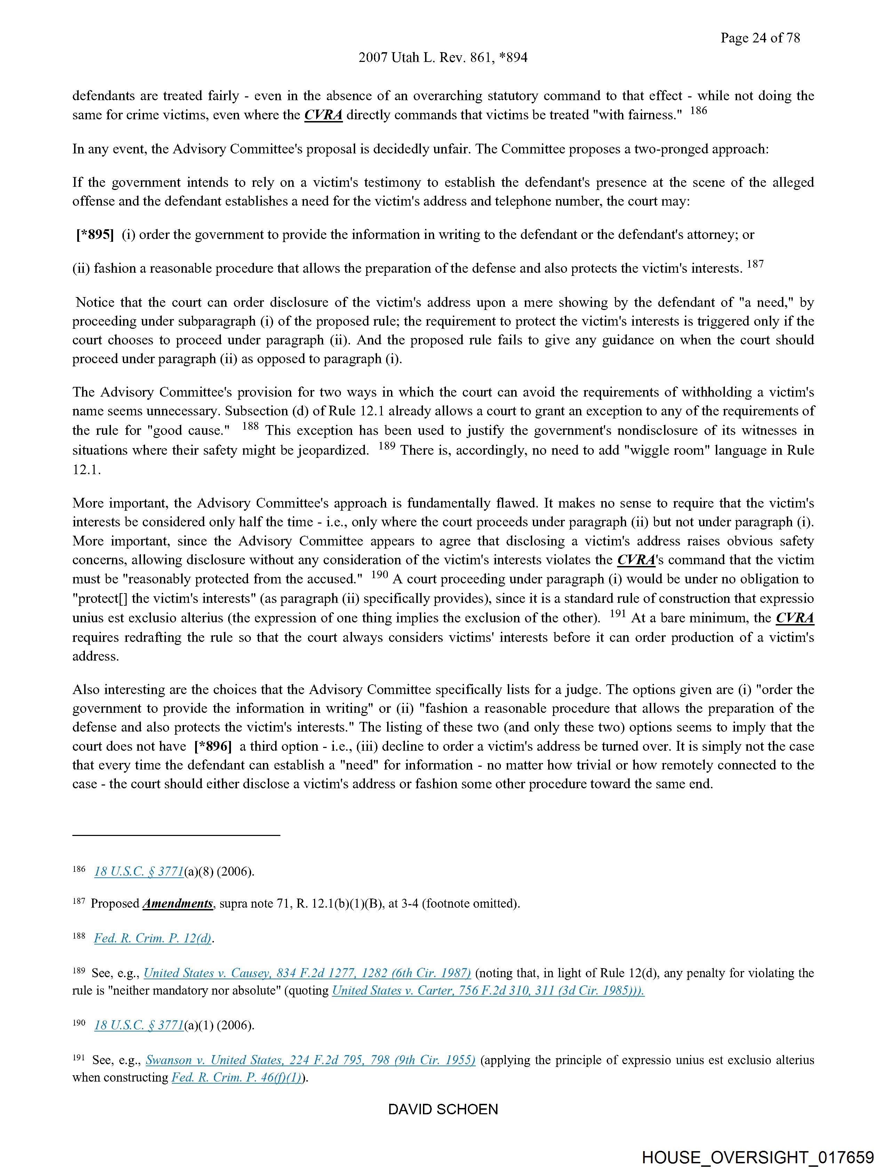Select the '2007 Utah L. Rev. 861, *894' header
click(443, 58)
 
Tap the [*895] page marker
click(95, 235)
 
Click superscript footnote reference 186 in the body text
click(698, 111)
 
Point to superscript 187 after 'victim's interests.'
click(755, 264)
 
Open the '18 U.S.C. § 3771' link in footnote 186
click(139, 871)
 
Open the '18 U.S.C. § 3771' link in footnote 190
click(139, 1025)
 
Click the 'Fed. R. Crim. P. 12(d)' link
click(153, 938)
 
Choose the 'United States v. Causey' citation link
click(307, 973)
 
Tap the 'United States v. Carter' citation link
click(487, 991)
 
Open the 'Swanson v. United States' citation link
click(310, 1060)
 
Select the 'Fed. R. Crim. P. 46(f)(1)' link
click(236, 1078)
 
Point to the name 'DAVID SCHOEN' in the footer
click(443, 1109)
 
